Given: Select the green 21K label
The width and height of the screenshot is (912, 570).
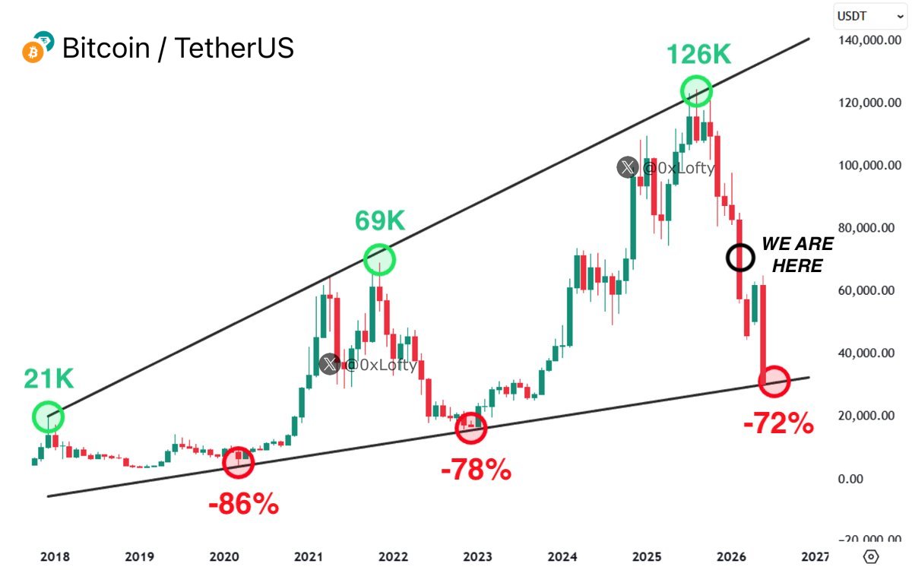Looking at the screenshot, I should click(x=49, y=378).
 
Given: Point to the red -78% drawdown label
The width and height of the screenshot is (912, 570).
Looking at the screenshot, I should click(x=476, y=470).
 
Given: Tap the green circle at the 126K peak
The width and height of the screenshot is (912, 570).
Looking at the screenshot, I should click(x=696, y=92).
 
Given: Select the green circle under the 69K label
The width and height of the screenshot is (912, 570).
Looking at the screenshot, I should click(x=380, y=260).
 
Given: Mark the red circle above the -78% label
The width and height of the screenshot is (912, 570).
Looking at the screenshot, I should click(x=471, y=429).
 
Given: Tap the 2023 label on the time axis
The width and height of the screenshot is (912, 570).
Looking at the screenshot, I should click(x=477, y=557).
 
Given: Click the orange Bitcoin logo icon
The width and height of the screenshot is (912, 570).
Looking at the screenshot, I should click(x=33, y=53).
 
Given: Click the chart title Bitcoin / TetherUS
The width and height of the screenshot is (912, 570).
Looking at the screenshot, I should click(x=178, y=48).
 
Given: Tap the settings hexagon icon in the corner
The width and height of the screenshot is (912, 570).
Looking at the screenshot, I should click(x=872, y=556).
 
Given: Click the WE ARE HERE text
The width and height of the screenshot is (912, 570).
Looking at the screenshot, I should click(x=796, y=255).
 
